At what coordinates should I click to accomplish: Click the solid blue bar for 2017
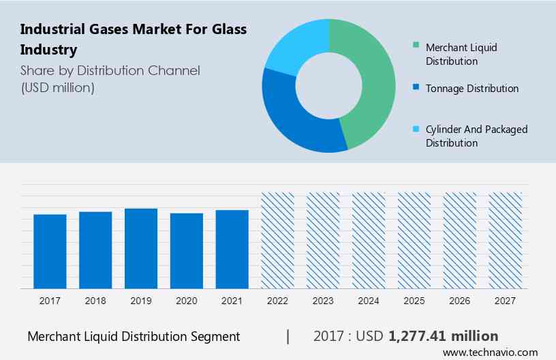[x=50, y=251]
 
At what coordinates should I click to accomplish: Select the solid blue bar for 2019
[x=141, y=248]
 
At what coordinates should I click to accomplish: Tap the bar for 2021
[x=232, y=249]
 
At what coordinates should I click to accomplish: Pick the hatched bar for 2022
[x=277, y=240]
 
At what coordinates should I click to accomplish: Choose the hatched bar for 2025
[x=414, y=240]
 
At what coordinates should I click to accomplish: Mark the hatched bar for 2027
[x=506, y=240]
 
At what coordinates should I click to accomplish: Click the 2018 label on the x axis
[x=95, y=300]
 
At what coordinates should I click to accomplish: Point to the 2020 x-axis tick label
[x=187, y=300]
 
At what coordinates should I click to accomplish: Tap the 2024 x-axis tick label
[x=369, y=300]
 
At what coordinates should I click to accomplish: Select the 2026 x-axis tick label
[x=460, y=300]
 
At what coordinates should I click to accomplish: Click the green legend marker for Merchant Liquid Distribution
[x=416, y=47]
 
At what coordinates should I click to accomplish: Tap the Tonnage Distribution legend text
[x=472, y=89]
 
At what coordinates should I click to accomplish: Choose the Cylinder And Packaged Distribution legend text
[x=476, y=136]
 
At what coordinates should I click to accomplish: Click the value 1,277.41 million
[x=443, y=336]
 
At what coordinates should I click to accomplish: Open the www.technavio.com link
[x=490, y=352]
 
